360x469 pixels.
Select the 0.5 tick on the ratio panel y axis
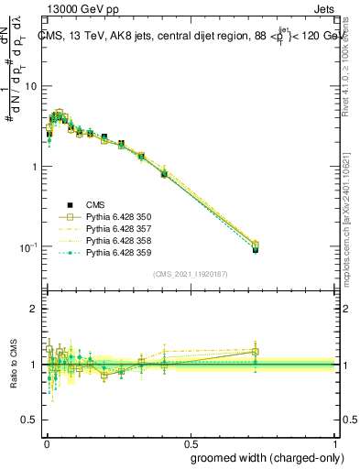coord(29,420)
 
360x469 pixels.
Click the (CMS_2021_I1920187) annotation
coord(191,272)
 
